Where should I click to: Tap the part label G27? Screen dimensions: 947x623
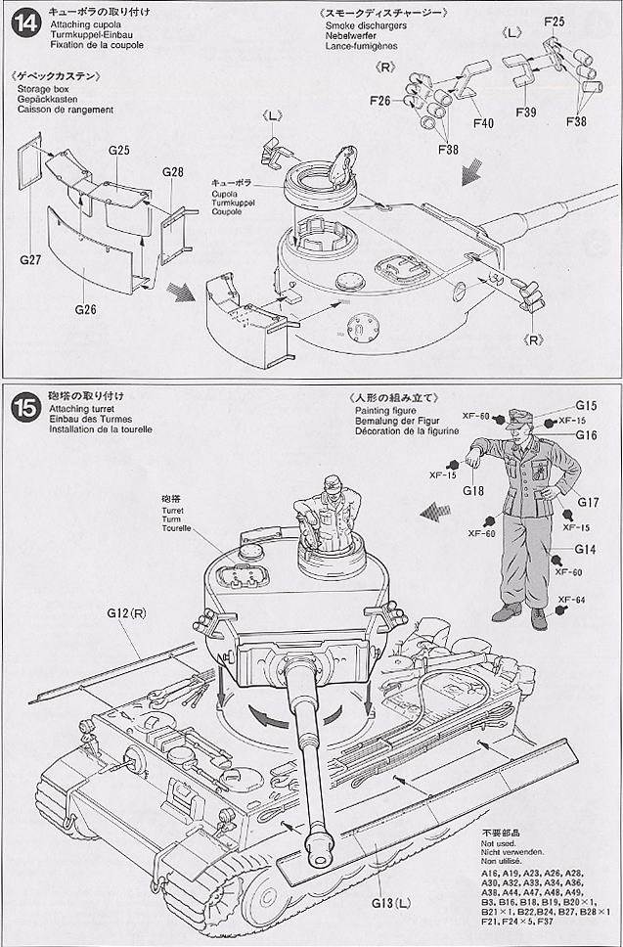[31, 260]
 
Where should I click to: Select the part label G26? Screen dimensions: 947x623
[87, 309]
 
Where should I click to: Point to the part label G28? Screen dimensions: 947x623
[172, 172]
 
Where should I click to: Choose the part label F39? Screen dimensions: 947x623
[524, 113]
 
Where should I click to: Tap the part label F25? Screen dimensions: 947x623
[554, 21]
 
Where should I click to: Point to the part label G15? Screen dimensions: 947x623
[586, 405]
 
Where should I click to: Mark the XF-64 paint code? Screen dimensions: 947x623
[571, 600]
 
